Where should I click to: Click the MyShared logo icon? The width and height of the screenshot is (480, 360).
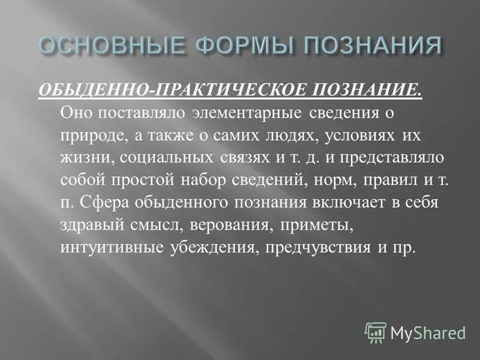coord(376,332)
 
